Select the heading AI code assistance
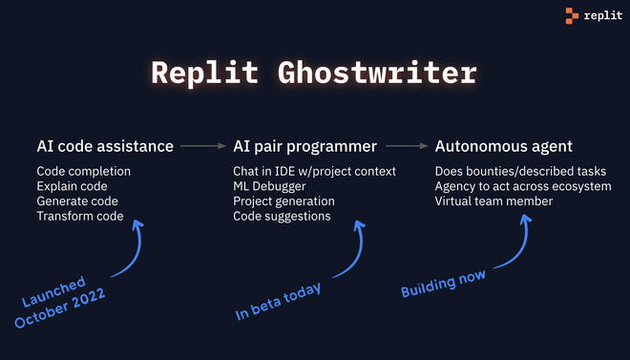[x=105, y=146]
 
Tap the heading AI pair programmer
[x=304, y=146]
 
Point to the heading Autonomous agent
[x=504, y=146]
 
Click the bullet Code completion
[x=84, y=172]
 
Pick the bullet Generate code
[x=78, y=201]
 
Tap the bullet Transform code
[x=80, y=217]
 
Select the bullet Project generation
[x=283, y=201]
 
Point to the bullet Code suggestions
[x=282, y=217]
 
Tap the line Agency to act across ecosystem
[x=523, y=186]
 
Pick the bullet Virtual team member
[x=493, y=201]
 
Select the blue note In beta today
[x=279, y=301]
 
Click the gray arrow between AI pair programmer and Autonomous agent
[x=406, y=146]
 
